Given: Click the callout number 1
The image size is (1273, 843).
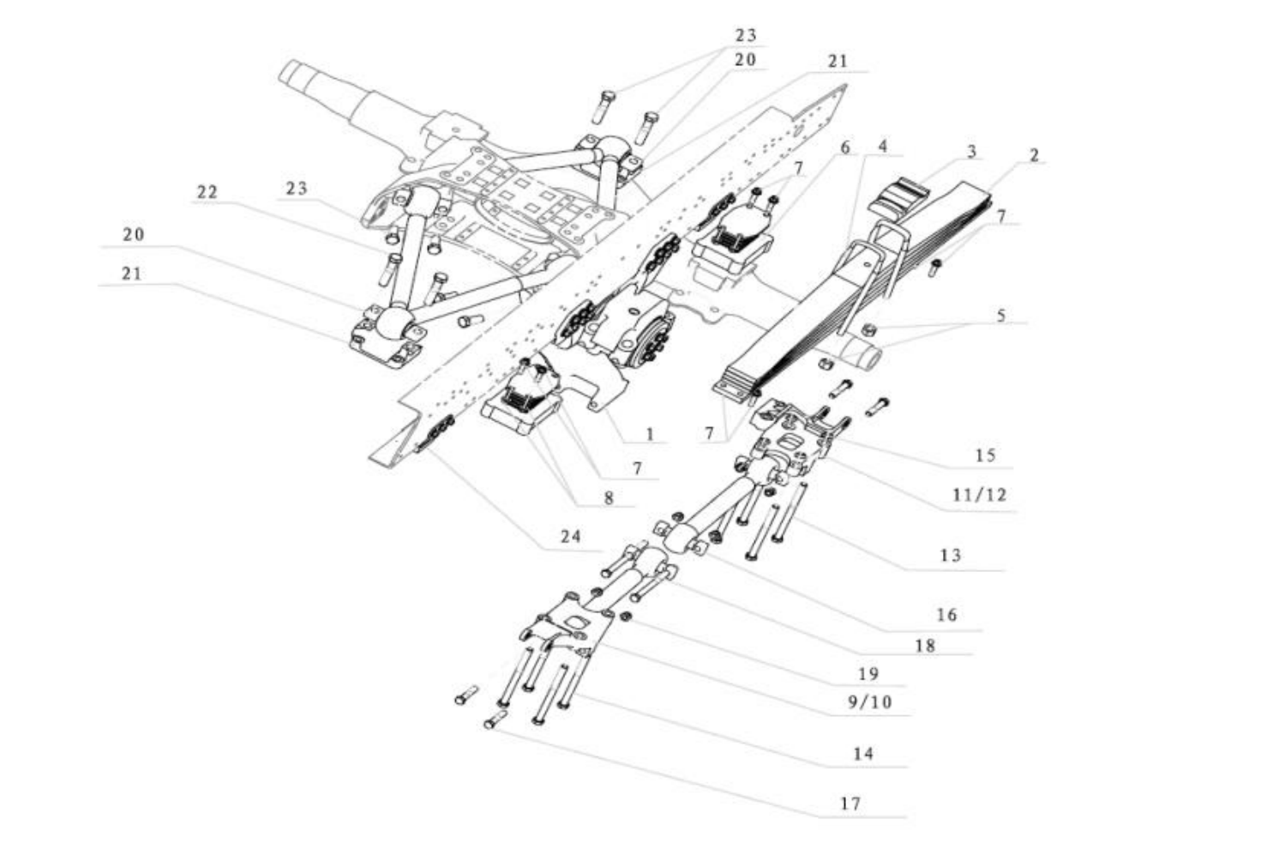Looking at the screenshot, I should (x=650, y=434).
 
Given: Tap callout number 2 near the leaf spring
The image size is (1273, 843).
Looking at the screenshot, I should (x=1034, y=155).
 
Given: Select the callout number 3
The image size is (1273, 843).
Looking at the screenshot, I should (x=971, y=152).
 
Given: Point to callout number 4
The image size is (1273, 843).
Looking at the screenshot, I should (x=883, y=146).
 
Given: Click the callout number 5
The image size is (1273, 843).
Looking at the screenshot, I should (x=1000, y=316).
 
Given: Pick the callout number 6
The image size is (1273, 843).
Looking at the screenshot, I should (x=845, y=148).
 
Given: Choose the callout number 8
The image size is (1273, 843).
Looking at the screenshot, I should (x=609, y=497).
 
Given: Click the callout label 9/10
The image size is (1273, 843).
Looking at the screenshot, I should (x=869, y=702).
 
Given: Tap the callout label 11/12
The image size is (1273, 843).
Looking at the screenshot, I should (x=979, y=495).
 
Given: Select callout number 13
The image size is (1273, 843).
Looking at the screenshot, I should (x=950, y=555).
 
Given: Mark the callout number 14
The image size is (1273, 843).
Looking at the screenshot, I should (x=862, y=753).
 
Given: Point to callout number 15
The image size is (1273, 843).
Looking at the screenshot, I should (x=985, y=455).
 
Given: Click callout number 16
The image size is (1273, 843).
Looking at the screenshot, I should (x=946, y=615).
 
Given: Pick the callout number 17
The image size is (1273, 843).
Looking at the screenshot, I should (x=850, y=804).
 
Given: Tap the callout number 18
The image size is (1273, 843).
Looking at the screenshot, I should (x=925, y=645).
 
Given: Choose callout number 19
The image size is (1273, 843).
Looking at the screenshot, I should (x=868, y=673).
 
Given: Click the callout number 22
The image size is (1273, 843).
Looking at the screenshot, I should (x=207, y=192).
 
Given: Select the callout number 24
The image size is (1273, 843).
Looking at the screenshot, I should (x=571, y=536).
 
